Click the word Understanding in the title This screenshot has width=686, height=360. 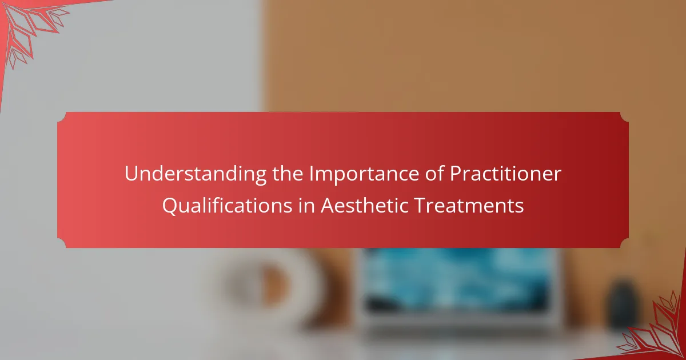[x=196, y=174]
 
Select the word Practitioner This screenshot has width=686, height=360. [x=505, y=174]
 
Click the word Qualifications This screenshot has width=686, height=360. [x=227, y=206]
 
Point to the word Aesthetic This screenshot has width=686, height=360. [x=364, y=205]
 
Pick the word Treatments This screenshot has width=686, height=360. [x=469, y=205]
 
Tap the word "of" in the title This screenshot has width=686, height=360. [x=434, y=174]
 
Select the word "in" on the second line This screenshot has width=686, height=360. [x=306, y=205]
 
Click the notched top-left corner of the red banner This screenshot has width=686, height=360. [x=62, y=117]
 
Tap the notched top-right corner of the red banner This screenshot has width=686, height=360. [x=624, y=117]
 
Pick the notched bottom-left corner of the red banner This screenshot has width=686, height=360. [x=62, y=243]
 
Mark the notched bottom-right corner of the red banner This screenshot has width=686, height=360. [x=624, y=243]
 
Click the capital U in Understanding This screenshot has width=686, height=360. [x=131, y=174]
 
